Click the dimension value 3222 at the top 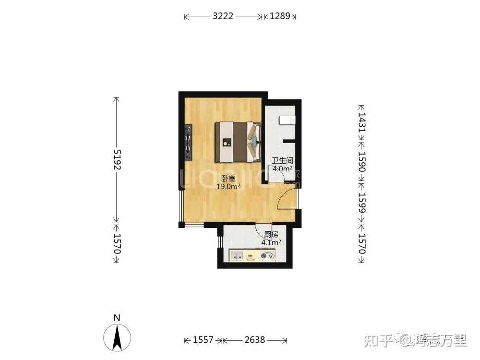click(223, 16)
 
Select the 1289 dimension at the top click(280, 16)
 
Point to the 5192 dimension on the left click(117, 159)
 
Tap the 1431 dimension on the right click(362, 122)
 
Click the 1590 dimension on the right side click(362, 162)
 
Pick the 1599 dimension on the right click(362, 203)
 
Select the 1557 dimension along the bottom click(203, 340)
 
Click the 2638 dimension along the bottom click(255, 340)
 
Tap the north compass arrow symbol click(117, 337)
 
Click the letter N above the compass click(117, 318)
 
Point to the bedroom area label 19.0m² click(228, 186)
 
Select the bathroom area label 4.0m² click(283, 168)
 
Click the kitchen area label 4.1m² click(271, 243)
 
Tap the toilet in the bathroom click(287, 120)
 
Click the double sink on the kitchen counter click(237, 256)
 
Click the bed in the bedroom click(238, 143)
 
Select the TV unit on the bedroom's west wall click(188, 143)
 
